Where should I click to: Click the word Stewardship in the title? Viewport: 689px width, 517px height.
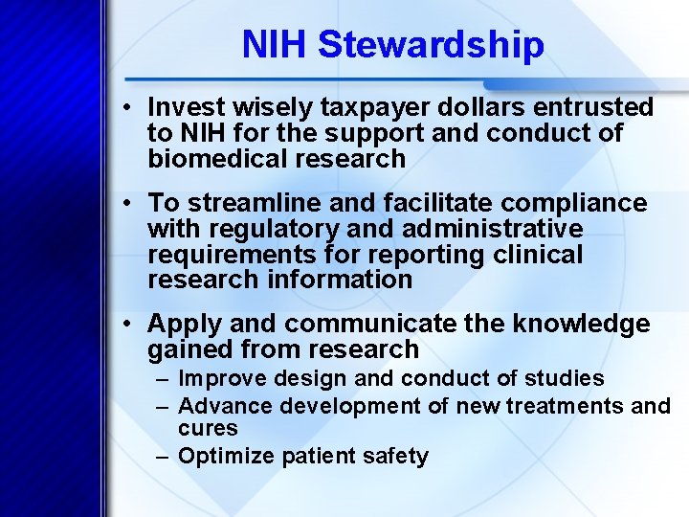click(431, 45)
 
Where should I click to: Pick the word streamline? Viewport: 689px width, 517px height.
click(251, 203)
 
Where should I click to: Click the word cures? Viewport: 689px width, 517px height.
click(208, 428)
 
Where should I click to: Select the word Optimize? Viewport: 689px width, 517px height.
click(227, 457)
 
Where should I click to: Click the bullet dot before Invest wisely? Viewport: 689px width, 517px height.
click(128, 108)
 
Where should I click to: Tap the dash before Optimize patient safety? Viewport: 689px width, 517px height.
click(164, 457)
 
